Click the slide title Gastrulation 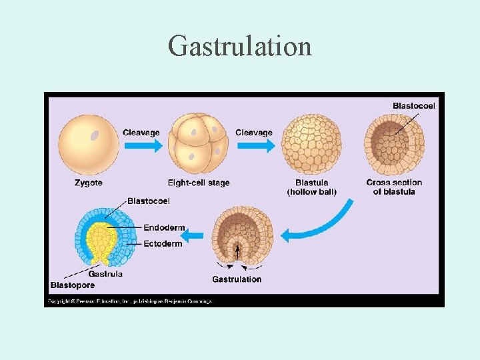(240, 46)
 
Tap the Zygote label (89, 183)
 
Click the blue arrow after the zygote (141, 145)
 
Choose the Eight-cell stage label (199, 183)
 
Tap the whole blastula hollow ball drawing (311, 141)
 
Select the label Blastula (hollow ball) (311, 187)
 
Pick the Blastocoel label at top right (414, 105)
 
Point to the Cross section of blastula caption (394, 187)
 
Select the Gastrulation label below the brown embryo (237, 279)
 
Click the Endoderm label (164, 227)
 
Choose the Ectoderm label (163, 243)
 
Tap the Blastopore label (72, 285)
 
